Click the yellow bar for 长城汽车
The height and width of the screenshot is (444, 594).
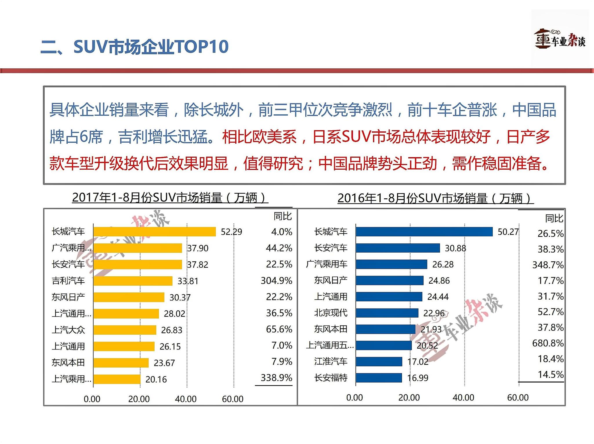pos(154,232)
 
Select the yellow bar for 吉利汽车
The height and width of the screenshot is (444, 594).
pos(133,281)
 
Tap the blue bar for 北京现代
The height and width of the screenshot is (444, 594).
pos(387,313)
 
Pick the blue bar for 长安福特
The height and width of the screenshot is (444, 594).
pos(379,378)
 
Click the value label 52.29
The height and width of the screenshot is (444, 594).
pos(231,232)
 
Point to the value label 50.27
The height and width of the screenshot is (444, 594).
pos(508,232)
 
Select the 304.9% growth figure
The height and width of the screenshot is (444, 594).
pos(276,280)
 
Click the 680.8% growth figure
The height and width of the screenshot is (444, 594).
pos(548,343)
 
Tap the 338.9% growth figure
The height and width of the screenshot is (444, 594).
pos(276,378)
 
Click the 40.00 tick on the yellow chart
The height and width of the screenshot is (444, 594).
pos(186,399)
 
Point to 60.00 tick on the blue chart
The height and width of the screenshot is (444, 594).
pos(518,398)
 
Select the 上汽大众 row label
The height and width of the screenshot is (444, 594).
pos(68,330)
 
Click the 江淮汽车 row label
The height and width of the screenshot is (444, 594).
pos(331,361)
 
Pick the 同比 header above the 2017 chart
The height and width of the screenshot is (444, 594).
pos(282,216)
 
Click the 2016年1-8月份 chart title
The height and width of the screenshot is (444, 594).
pos(435,198)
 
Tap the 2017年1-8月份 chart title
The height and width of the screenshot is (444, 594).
pos(170,198)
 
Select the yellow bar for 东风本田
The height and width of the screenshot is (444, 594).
pos(121,363)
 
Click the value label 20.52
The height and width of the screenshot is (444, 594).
pos(427,345)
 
